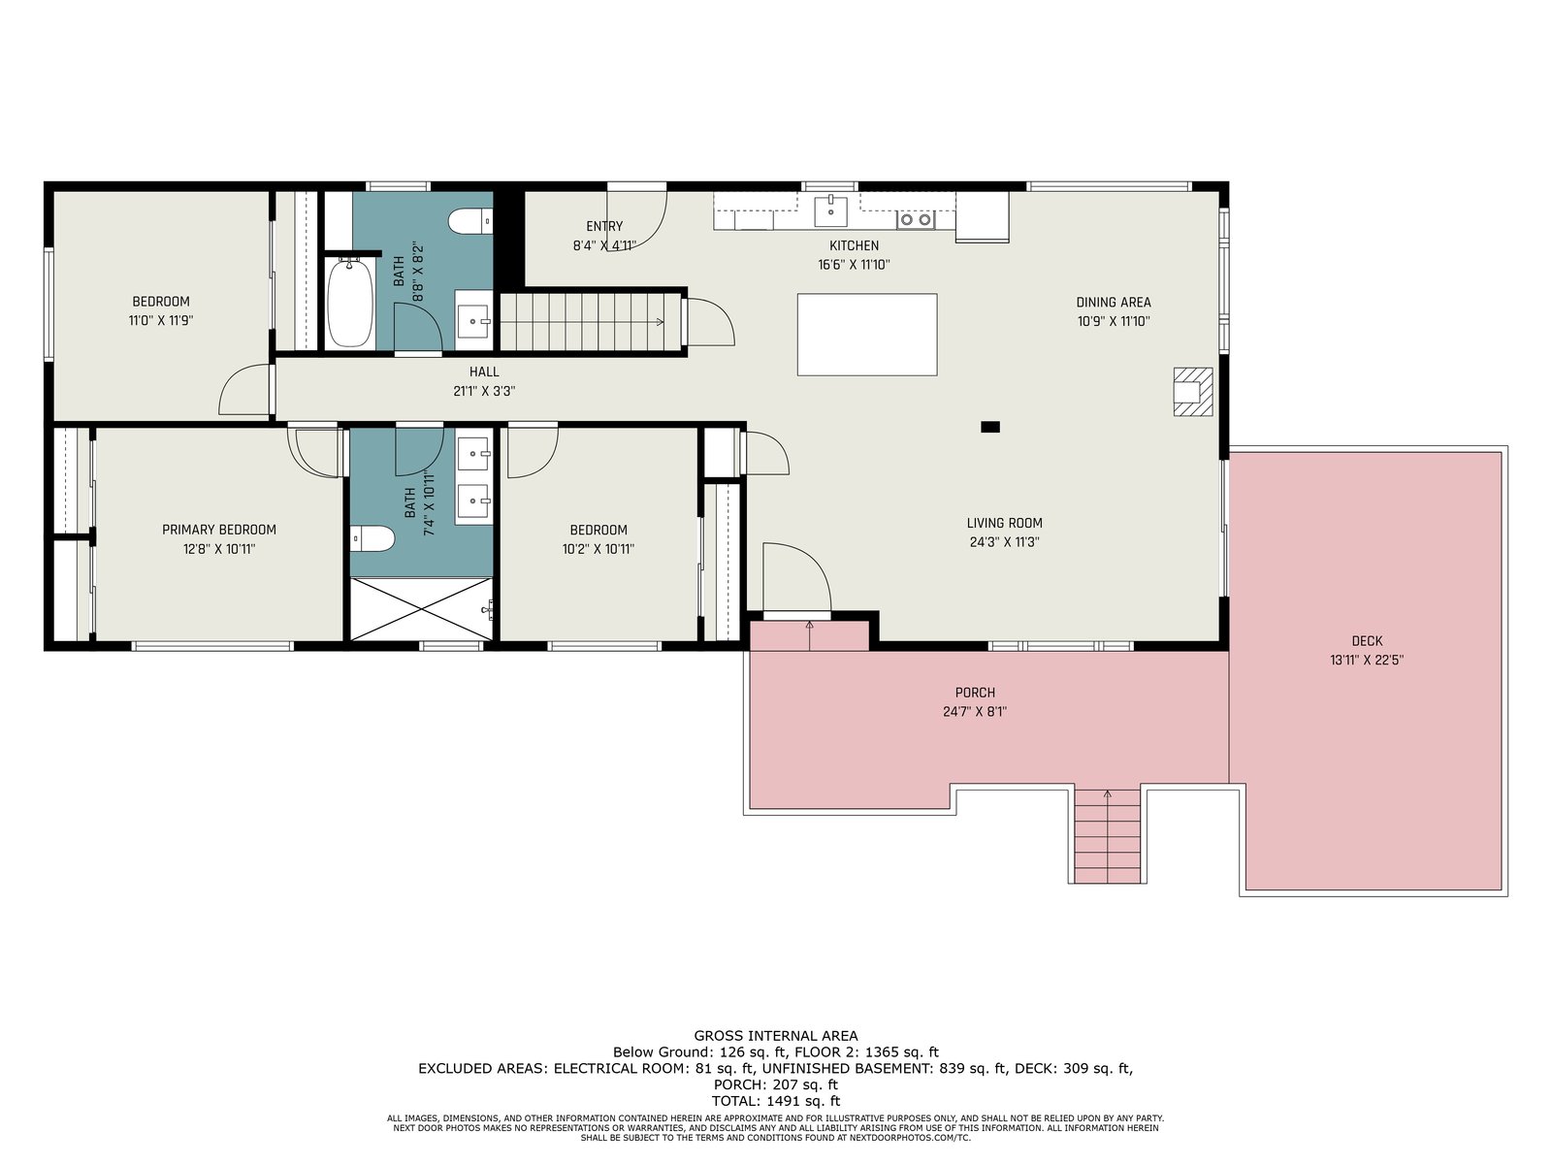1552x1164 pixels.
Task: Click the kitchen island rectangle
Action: [867, 335]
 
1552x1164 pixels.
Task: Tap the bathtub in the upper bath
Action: [350, 303]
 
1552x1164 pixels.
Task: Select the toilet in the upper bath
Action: [470, 221]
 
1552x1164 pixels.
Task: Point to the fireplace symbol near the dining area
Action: [1193, 392]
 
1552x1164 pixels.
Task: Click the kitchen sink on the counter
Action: [830, 210]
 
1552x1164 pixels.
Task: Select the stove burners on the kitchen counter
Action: [916, 220]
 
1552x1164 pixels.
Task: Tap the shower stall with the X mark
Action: [421, 609]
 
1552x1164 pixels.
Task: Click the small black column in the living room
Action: [990, 427]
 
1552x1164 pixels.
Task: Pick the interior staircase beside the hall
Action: [591, 322]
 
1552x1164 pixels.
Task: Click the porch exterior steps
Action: [1108, 835]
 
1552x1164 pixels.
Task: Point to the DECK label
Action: [1367, 641]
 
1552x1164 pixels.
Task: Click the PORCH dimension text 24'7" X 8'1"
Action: [974, 712]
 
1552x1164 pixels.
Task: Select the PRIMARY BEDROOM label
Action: [219, 530]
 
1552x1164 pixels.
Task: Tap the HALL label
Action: [484, 372]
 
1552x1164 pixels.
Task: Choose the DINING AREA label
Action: [1114, 303]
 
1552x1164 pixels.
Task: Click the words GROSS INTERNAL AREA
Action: [776, 1036]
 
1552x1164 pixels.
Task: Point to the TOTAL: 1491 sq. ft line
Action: [776, 1100]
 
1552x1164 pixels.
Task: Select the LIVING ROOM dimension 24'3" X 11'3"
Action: [1005, 542]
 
